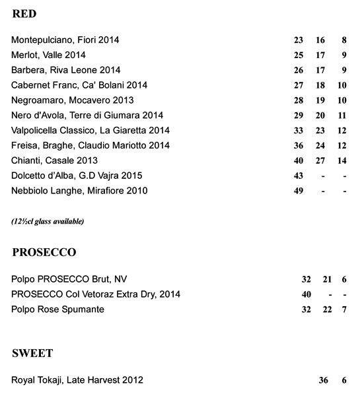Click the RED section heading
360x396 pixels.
pos(24,14)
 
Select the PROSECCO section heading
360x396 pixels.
pos(44,253)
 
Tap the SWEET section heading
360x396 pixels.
pos(32,354)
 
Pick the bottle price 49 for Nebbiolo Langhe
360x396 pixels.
pos(298,191)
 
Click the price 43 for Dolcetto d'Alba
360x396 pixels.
pos(298,176)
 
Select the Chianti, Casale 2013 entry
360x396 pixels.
pos(54,160)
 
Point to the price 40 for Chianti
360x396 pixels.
pos(298,161)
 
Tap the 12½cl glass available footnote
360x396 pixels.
pos(48,221)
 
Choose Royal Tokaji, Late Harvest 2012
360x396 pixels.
pos(77,380)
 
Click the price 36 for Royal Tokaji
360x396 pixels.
pos(323,380)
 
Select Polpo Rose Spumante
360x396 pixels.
pos(57,309)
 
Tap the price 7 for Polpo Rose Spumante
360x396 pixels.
pos(344,310)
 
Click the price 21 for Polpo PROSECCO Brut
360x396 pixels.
pos(326,279)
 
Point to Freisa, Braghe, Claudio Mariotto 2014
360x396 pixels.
pos(90,145)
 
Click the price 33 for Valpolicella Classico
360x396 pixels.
pos(298,131)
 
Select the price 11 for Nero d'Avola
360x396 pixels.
pos(342,115)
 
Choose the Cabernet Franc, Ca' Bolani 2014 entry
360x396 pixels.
pos(79,85)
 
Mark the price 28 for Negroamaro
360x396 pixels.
pos(298,100)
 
